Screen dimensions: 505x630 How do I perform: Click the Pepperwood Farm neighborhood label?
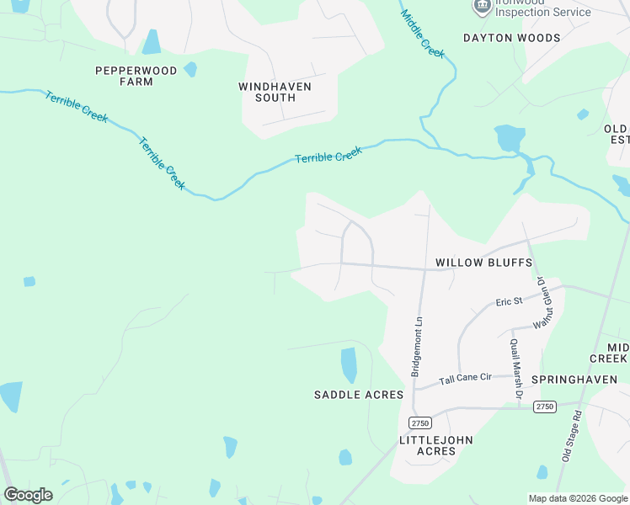pos(136,77)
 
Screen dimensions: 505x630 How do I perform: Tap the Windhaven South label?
pos(275,92)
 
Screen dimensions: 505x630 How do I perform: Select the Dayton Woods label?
pos(511,38)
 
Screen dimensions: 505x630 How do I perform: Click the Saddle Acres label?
pos(359,395)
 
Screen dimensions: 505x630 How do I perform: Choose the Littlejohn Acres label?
pos(435,445)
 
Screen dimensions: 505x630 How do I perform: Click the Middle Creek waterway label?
pos(423,34)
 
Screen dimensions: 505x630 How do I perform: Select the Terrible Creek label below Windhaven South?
pos(328,155)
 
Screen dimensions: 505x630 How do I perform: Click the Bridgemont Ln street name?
pos(416,347)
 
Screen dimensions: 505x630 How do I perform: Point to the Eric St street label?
pos(510,300)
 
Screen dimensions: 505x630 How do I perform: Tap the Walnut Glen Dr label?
pos(543,302)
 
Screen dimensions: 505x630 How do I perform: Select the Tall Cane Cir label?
pos(466,380)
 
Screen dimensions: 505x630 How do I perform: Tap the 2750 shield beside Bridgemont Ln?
pos(419,423)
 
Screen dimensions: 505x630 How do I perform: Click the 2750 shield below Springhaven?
pos(545,407)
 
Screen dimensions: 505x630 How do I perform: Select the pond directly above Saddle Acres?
pos(349,365)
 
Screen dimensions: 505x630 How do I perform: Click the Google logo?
pos(28,495)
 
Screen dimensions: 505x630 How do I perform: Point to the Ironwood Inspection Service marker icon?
pos(482,8)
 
